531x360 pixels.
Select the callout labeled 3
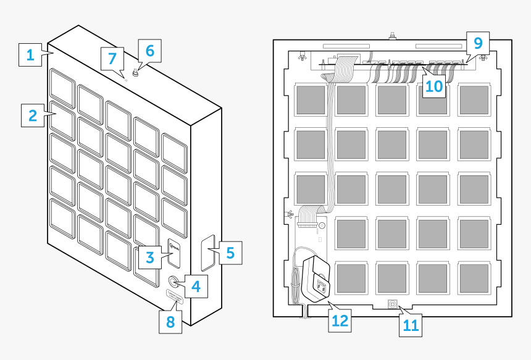(x=149, y=257)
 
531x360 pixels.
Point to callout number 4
(x=195, y=286)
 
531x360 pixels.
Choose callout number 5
(x=230, y=253)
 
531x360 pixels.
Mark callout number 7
(x=112, y=59)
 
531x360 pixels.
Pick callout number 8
(x=170, y=322)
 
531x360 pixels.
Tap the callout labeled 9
(x=477, y=43)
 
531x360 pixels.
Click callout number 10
(x=434, y=86)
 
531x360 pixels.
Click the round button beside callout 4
(x=173, y=282)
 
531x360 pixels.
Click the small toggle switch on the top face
(x=135, y=73)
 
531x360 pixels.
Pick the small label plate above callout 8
(x=175, y=299)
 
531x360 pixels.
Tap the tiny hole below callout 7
(x=126, y=78)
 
